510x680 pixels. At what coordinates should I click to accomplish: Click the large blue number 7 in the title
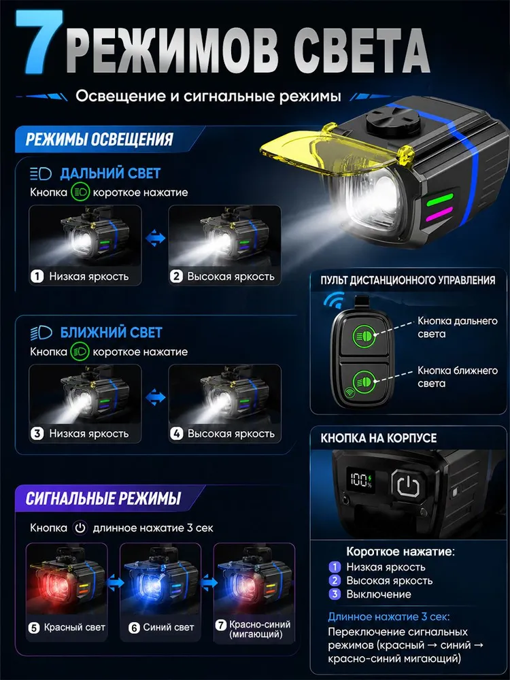(39, 41)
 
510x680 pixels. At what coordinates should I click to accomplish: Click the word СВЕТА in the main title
(362, 51)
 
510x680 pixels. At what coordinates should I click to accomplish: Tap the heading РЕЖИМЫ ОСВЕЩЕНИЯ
(99, 139)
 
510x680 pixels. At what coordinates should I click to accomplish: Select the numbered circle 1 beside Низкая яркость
(37, 276)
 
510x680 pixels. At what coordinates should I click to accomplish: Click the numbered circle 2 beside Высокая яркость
(176, 276)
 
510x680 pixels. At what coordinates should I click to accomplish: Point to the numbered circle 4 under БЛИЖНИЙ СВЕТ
(176, 434)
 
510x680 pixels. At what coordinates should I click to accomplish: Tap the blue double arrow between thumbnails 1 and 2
(155, 238)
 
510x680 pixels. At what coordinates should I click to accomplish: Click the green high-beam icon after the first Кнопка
(80, 192)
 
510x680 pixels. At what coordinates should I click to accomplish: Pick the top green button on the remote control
(364, 336)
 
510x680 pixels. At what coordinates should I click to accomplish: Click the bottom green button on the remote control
(364, 381)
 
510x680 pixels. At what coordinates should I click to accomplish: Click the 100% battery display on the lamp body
(361, 479)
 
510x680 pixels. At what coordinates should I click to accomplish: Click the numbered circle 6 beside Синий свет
(135, 628)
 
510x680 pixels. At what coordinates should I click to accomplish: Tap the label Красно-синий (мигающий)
(259, 629)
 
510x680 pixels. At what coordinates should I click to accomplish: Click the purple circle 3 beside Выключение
(335, 594)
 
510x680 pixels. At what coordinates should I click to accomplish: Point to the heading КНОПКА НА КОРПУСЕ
(379, 438)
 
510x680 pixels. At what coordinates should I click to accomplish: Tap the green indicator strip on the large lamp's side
(439, 201)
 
